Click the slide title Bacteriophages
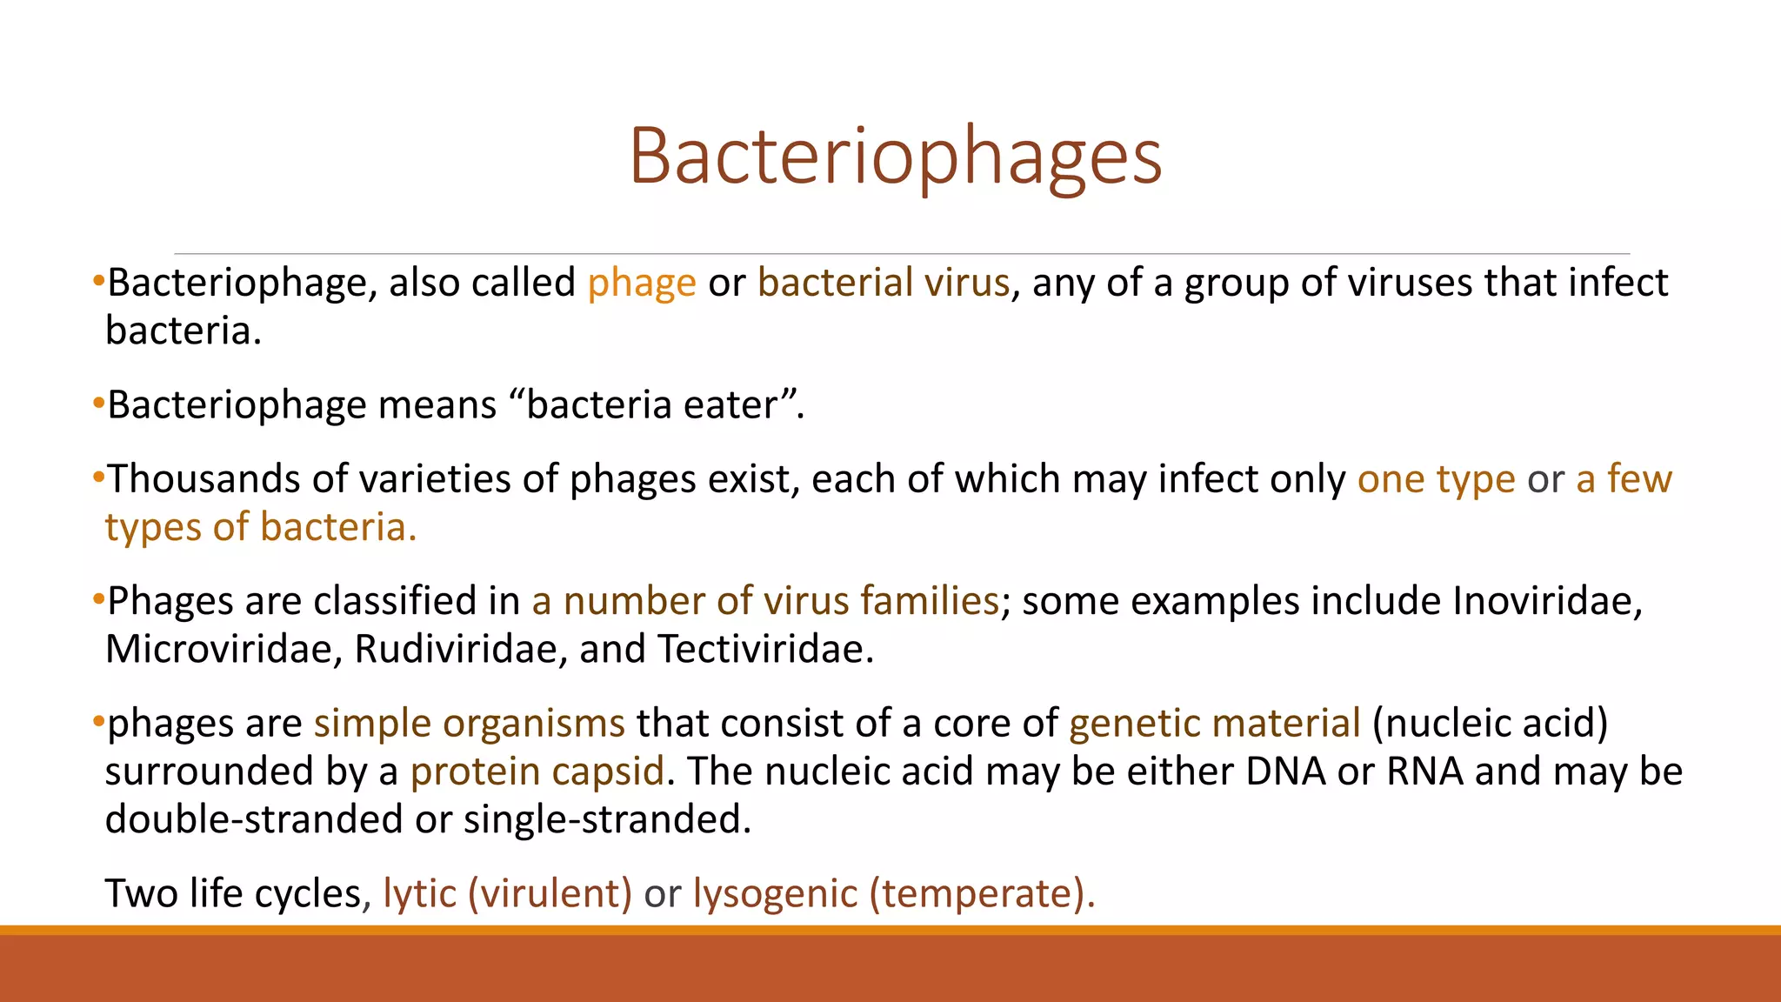[895, 157]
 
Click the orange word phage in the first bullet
[642, 284]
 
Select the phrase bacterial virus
[883, 284]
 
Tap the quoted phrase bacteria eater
[652, 405]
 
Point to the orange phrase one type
[1436, 479]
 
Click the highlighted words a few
[1624, 479]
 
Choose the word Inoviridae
[1547, 602]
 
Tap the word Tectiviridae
[764, 650]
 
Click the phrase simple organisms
[469, 724]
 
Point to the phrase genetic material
[1214, 724]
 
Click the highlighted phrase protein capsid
[537, 772]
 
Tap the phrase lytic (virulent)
[507, 894]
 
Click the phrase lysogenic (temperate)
[893, 894]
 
